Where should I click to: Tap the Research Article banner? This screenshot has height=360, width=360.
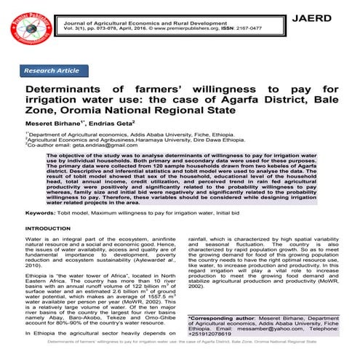[52, 71]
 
